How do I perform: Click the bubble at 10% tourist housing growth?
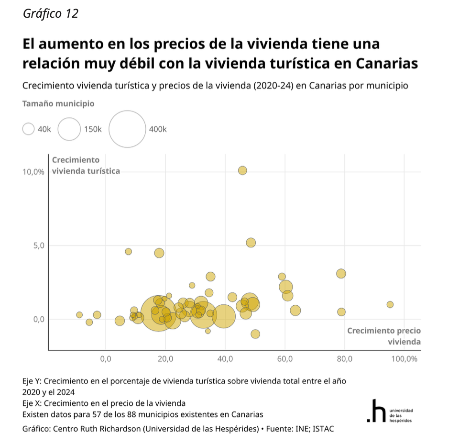pos(242,170)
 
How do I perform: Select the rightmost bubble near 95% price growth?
pos(390,304)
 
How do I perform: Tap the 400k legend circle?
pos(127,129)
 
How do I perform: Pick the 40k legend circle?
pos(29,129)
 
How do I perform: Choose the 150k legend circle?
pos(69,129)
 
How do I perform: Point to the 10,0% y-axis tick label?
pos(33,172)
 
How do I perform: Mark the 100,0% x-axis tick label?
pos(404,359)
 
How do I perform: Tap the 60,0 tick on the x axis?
pos(285,359)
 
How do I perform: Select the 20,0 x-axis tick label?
pos(165,359)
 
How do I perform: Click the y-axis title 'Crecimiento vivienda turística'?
pos(85,166)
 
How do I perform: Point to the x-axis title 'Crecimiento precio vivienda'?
pos(384,336)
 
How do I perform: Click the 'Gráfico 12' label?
pos(50,13)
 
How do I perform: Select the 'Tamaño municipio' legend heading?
pos(58,103)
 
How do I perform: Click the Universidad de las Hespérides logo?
pos(389,412)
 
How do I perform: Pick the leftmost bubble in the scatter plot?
pos(79,315)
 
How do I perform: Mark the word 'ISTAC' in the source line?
pos(324,429)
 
